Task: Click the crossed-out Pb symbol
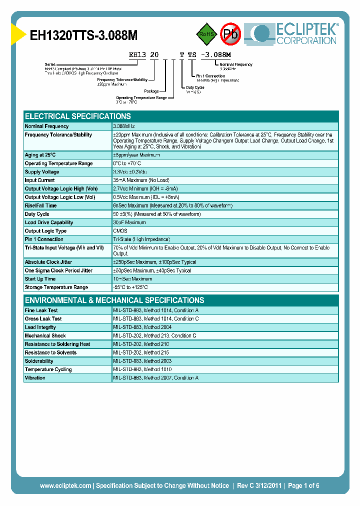pyautogui.click(x=231, y=34)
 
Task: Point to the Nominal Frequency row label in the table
pyautogui.click(x=46, y=126)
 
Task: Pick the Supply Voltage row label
pyautogui.click(x=42, y=172)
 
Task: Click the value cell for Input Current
pyautogui.click(x=141, y=180)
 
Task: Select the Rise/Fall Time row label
pyautogui.click(x=40, y=205)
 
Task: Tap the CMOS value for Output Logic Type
pyautogui.click(x=120, y=231)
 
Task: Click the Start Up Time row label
pyautogui.click(x=40, y=279)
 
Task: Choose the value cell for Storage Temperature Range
pyautogui.click(x=130, y=287)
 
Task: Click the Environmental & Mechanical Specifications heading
pyautogui.click(x=114, y=300)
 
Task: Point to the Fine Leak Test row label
pyautogui.click(x=41, y=310)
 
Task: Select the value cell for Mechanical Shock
pyautogui.click(x=154, y=336)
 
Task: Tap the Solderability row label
pyautogui.click(x=39, y=361)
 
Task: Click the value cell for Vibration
pyautogui.click(x=155, y=378)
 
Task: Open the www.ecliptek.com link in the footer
pyautogui.click(x=65, y=485)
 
